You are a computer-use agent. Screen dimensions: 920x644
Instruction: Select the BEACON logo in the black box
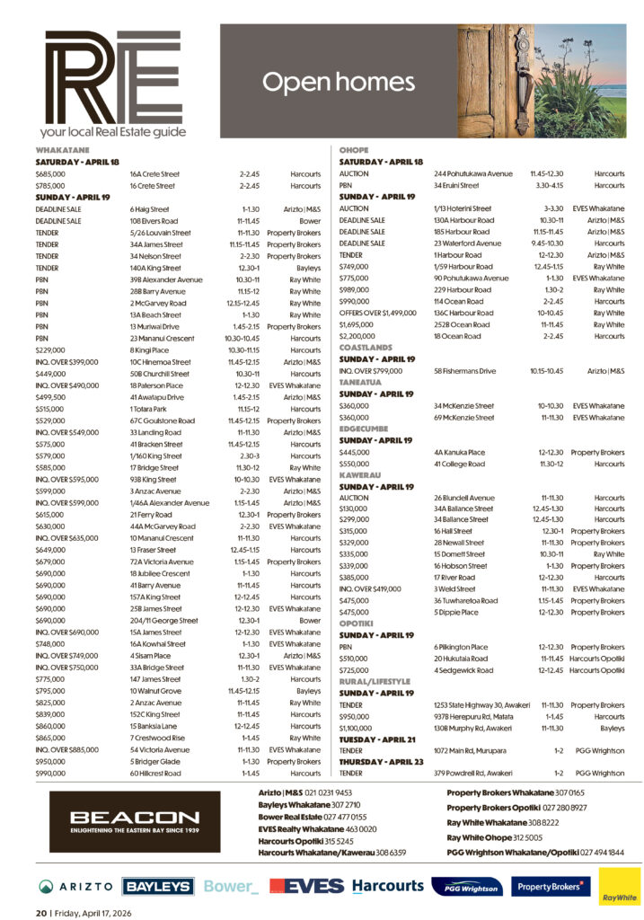click(x=135, y=821)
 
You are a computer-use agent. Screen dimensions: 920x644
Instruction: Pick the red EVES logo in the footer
click(x=304, y=886)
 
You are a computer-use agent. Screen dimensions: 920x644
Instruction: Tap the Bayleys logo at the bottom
click(x=158, y=886)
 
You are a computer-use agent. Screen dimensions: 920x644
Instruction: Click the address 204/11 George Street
click(x=164, y=619)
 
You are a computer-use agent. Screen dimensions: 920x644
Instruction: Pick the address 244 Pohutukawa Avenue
click(x=473, y=173)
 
